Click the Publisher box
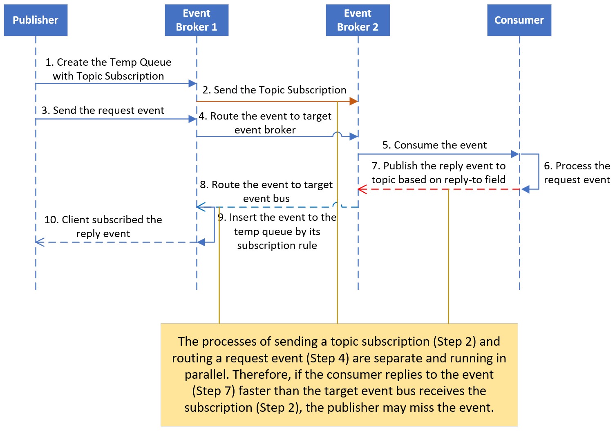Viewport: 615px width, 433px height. click(x=36, y=20)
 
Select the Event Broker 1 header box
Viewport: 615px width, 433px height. click(x=197, y=20)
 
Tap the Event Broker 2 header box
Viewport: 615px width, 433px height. click(x=358, y=20)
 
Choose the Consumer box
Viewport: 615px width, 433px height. click(x=519, y=20)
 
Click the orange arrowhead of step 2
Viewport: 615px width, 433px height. click(x=354, y=101)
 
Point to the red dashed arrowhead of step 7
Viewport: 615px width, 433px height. click(x=362, y=189)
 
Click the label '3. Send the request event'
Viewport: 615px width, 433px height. click(x=103, y=111)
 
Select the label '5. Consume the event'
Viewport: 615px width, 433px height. click(x=434, y=145)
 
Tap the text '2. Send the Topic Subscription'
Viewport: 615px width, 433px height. click(x=274, y=90)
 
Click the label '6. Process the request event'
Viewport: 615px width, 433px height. click(x=577, y=173)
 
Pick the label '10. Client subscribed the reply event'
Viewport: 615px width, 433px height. click(x=103, y=226)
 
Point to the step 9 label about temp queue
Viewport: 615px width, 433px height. click(x=277, y=231)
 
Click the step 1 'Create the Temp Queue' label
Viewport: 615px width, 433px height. click(x=108, y=69)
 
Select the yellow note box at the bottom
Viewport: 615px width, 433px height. click(x=339, y=375)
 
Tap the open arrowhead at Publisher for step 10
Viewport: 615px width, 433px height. click(x=40, y=242)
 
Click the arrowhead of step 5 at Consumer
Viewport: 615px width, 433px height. click(x=515, y=154)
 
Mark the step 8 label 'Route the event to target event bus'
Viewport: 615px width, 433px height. click(x=266, y=191)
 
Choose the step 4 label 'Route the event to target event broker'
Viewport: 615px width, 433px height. click(x=265, y=123)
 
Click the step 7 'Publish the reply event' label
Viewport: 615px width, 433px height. click(x=438, y=173)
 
